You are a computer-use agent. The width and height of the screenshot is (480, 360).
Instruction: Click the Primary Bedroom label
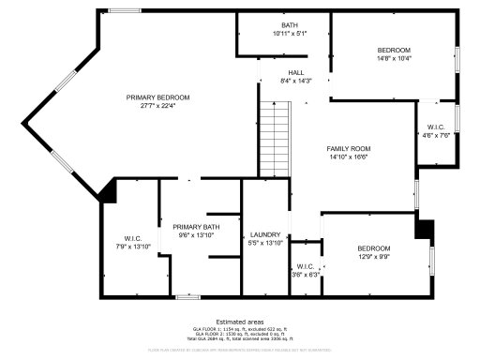pyautogui.click(x=158, y=97)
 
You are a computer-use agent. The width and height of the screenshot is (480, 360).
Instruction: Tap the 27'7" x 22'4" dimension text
pyautogui.click(x=158, y=105)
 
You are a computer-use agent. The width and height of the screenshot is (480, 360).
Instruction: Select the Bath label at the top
pyautogui.click(x=290, y=24)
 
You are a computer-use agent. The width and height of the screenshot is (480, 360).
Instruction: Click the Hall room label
pyautogui.click(x=295, y=72)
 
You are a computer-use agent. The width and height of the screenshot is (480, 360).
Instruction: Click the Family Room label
pyautogui.click(x=349, y=149)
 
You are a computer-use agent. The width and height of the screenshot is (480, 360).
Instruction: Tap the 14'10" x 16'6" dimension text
pyautogui.click(x=349, y=157)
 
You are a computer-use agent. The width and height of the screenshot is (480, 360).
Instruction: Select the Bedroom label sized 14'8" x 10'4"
pyautogui.click(x=394, y=50)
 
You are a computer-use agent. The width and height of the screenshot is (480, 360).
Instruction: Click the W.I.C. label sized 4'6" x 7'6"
pyautogui.click(x=436, y=127)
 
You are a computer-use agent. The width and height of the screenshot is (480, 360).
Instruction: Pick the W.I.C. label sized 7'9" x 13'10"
pyautogui.click(x=132, y=237)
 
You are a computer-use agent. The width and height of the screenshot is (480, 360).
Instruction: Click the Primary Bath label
pyautogui.click(x=196, y=227)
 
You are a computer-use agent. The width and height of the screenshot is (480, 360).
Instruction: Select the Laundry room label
pyautogui.click(x=265, y=234)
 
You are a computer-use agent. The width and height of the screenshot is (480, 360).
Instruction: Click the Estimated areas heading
pyautogui.click(x=240, y=321)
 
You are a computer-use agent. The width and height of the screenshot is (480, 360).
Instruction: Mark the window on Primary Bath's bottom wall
pyautogui.click(x=187, y=296)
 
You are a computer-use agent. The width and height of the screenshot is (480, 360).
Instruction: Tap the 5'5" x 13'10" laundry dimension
pyautogui.click(x=265, y=243)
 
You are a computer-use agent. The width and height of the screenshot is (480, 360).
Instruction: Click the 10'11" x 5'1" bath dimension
pyautogui.click(x=290, y=33)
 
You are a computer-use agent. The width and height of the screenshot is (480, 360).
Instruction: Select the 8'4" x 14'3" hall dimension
pyautogui.click(x=295, y=81)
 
